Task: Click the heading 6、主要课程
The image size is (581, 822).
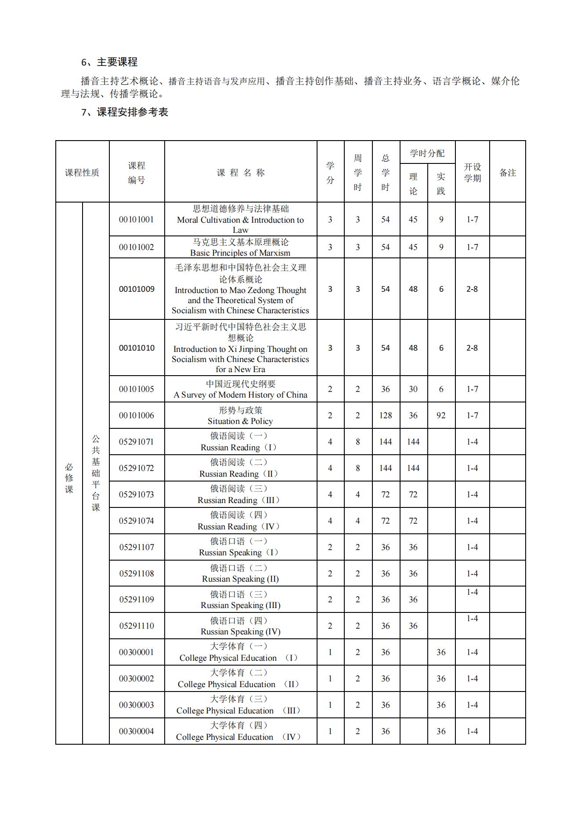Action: click(x=109, y=62)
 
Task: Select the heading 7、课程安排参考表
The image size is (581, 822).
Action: click(x=125, y=112)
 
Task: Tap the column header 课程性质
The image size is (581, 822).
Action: click(x=82, y=173)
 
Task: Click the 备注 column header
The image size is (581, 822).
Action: click(x=507, y=173)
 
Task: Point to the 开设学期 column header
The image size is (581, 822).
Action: click(x=472, y=173)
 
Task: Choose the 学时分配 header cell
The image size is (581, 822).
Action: click(x=427, y=153)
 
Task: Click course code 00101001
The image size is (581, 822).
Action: click(x=137, y=220)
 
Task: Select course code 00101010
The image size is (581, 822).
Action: click(x=137, y=348)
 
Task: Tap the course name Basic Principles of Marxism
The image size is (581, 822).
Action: click(x=240, y=253)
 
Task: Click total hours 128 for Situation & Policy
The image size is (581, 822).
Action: click(x=385, y=415)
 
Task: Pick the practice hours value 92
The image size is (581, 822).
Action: click(x=441, y=415)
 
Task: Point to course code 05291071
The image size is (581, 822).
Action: click(x=137, y=442)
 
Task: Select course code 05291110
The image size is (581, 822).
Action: click(x=137, y=626)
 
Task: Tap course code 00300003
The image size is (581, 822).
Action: click(x=137, y=705)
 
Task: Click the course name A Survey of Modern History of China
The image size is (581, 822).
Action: click(x=240, y=395)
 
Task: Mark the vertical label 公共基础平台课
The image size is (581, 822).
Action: click(x=96, y=473)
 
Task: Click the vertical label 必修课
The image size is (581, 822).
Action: click(x=69, y=478)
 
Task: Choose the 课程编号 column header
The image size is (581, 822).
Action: click(x=137, y=173)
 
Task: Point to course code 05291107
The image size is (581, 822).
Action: click(x=137, y=547)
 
